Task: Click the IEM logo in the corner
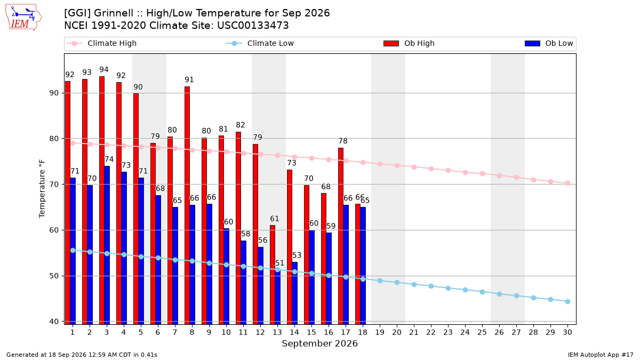pos(23,18)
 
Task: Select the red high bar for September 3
pos(102,201)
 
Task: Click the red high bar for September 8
pos(187,205)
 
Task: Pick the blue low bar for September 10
pos(226,276)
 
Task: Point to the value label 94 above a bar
pos(103,70)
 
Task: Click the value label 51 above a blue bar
pos(279,263)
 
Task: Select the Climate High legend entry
pos(102,43)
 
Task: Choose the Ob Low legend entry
pos(549,43)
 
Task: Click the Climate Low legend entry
pos(260,43)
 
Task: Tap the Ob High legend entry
pos(409,43)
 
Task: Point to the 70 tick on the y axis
pos(54,185)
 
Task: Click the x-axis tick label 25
pos(482,332)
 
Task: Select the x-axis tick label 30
pos(567,332)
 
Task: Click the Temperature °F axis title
pos(42,189)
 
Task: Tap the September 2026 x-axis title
pos(319,343)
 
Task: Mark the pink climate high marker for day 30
pos(567,183)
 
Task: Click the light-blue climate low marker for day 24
pos(465,290)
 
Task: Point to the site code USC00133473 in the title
pos(253,26)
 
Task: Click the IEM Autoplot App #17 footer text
pos(601,355)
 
